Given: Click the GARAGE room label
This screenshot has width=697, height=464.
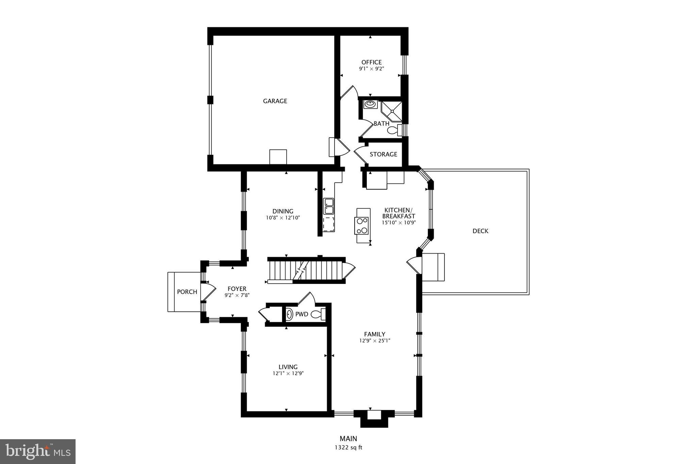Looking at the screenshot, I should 275,101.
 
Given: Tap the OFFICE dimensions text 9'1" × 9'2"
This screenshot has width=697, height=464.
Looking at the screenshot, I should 371,68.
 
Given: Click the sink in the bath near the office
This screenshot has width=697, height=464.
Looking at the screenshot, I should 370,104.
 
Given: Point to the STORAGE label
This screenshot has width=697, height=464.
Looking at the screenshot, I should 383,154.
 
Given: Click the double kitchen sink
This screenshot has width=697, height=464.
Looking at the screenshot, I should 329,206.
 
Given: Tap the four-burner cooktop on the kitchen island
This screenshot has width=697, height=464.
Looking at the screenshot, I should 362,225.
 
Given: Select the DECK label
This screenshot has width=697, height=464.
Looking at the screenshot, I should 480,231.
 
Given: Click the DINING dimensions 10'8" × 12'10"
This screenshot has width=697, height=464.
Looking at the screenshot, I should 283,218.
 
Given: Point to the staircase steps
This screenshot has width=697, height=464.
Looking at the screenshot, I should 306,270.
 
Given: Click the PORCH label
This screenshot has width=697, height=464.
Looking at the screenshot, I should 187,292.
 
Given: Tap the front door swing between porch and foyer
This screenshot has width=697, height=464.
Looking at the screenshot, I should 208,292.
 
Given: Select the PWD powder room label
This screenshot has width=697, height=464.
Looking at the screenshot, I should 302,314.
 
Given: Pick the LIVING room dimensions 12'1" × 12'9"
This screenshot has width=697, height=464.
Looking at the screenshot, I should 288,373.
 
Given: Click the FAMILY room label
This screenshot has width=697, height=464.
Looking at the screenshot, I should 374,334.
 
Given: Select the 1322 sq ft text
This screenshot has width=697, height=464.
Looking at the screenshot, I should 348,447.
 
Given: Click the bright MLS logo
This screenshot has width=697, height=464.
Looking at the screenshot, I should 38,451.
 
